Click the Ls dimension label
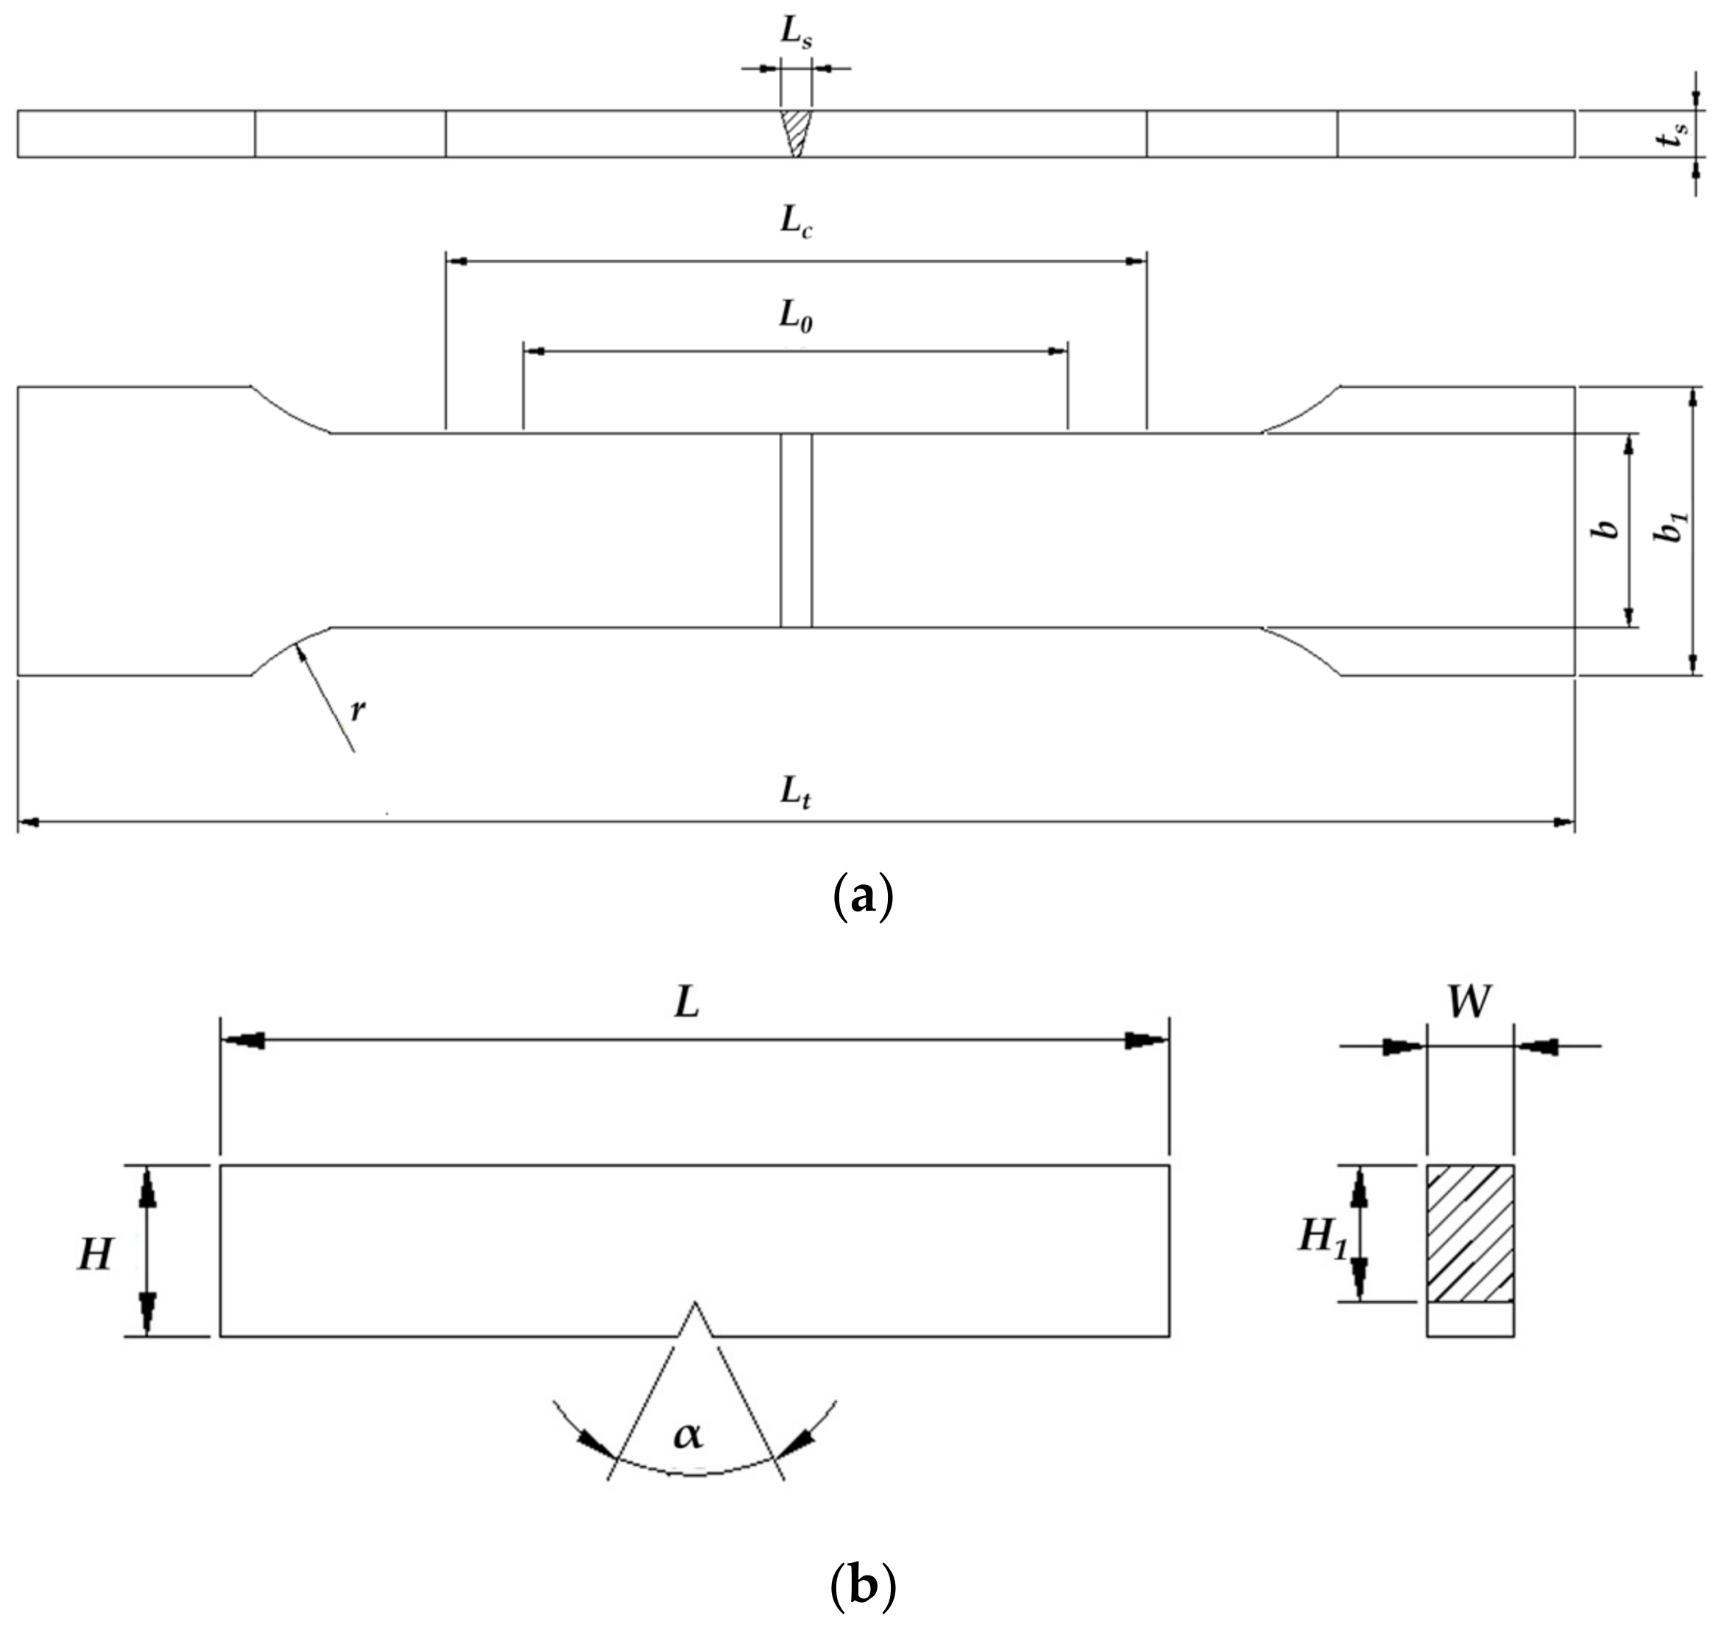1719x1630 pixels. (796, 32)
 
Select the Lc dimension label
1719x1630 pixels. (796, 222)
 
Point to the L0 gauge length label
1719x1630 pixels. (796, 317)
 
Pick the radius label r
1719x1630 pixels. (358, 710)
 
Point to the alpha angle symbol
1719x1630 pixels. (688, 1434)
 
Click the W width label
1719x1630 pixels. (1469, 1003)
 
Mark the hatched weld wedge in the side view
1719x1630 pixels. (796, 130)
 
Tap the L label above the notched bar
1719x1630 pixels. (687, 1003)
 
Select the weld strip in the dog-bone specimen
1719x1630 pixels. (796, 530)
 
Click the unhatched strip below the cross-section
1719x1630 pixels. (1471, 1319)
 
